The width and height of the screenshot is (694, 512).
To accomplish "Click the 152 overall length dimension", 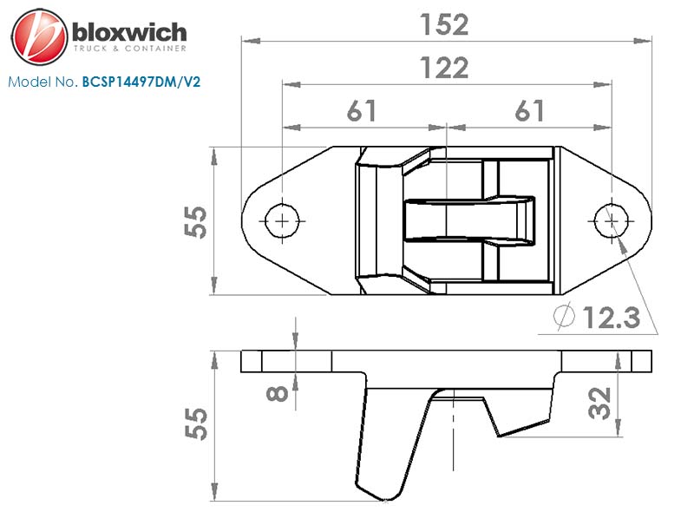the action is (444, 25).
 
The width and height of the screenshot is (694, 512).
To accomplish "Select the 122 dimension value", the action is (444, 68).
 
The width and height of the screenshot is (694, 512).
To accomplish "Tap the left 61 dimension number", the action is (362, 111).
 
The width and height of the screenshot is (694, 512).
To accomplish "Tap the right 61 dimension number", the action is (529, 111).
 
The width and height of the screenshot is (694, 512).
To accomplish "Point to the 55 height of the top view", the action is (196, 222).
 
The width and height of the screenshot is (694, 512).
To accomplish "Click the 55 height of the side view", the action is (196, 423).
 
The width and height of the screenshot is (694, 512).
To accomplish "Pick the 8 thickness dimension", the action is (278, 394).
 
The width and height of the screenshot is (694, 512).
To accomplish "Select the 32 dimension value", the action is (600, 403).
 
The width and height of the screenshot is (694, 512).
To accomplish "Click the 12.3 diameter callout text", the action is (612, 318).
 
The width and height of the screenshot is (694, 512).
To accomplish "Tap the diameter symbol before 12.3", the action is (565, 316).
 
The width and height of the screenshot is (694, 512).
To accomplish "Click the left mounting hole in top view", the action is (282, 220).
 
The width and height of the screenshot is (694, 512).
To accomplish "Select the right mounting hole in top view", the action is (612, 220).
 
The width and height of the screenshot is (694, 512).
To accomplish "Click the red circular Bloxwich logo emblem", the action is (39, 36).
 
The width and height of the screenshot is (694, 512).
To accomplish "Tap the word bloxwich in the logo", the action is (129, 32).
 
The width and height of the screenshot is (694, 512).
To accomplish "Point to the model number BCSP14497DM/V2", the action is (141, 82).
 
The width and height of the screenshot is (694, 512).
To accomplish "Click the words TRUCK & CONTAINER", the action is (129, 49).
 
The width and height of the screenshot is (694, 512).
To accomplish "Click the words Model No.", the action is (43, 82).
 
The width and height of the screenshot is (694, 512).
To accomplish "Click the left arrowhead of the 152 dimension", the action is (251, 41).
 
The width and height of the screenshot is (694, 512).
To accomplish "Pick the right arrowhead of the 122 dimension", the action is (602, 84).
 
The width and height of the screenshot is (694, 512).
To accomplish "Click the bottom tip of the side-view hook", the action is (384, 501).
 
